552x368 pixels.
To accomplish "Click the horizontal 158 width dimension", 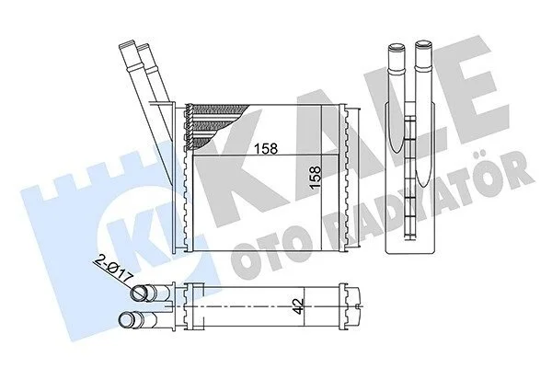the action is pyautogui.click(x=266, y=148).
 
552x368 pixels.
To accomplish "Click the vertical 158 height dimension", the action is pyautogui.click(x=316, y=178).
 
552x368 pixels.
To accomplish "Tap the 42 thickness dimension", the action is pyautogui.click(x=298, y=307).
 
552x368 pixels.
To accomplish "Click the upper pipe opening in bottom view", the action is pyautogui.click(x=140, y=293).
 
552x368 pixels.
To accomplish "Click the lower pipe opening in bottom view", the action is pyautogui.click(x=126, y=320).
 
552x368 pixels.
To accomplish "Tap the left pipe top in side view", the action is pyautogui.click(x=397, y=47).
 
